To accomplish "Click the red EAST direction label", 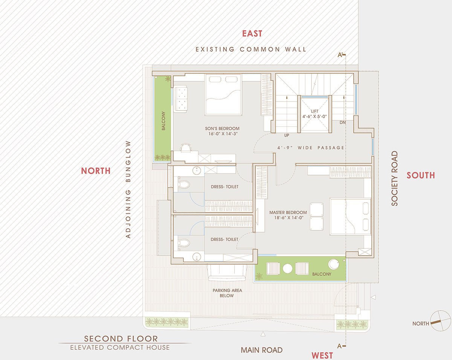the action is click(x=252, y=34).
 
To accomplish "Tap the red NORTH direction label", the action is click(x=96, y=171).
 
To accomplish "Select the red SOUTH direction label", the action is click(x=421, y=175).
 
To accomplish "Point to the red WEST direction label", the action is click(x=322, y=355).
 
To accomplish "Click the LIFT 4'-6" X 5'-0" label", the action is click(x=315, y=114).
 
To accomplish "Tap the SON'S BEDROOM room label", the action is click(x=222, y=129).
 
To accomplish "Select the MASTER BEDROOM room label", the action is click(x=288, y=212).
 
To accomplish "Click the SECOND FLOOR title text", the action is click(x=121, y=339).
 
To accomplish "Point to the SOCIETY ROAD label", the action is click(x=395, y=178).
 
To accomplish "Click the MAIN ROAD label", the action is click(x=261, y=350).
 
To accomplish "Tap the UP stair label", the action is click(x=287, y=135).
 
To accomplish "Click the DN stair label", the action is click(x=342, y=123).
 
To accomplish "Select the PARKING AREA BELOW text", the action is click(x=227, y=293).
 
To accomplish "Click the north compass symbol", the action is click(x=440, y=321).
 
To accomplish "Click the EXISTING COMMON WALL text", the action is click(x=251, y=49).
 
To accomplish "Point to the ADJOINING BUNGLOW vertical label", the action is click(x=128, y=189).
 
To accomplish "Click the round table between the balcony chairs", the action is click(x=287, y=268).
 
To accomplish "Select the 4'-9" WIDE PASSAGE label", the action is click(x=311, y=148).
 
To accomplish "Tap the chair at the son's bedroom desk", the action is click(x=186, y=147).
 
